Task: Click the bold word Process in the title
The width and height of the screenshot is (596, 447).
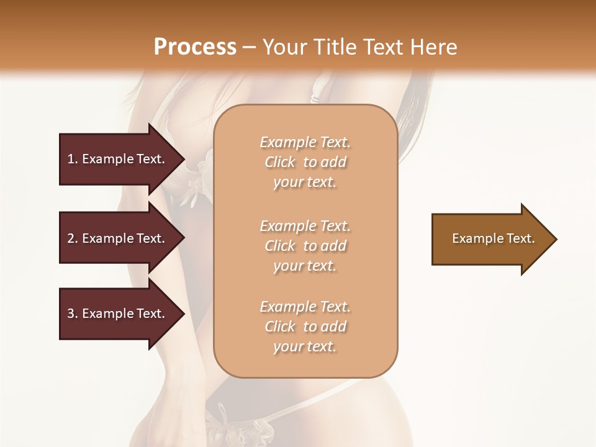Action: point(195,47)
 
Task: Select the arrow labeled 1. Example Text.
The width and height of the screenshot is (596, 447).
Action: point(118,159)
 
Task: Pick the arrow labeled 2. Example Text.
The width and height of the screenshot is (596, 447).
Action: point(118,238)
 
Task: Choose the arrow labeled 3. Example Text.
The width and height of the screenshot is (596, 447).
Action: point(118,314)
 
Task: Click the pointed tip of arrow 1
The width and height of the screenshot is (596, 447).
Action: point(183,159)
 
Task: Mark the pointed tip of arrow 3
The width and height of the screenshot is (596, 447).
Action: point(183,314)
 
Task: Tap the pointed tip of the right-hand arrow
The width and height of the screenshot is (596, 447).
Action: point(556,239)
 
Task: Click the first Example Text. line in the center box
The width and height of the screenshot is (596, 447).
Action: point(305,142)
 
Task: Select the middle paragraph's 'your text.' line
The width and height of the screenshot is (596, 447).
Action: point(305,266)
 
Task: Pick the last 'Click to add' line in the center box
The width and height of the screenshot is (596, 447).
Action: point(305,327)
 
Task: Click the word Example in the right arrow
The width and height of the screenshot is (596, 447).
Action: point(474,238)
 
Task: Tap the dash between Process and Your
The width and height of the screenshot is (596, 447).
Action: point(250,47)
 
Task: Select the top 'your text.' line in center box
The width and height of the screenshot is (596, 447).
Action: point(305,183)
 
